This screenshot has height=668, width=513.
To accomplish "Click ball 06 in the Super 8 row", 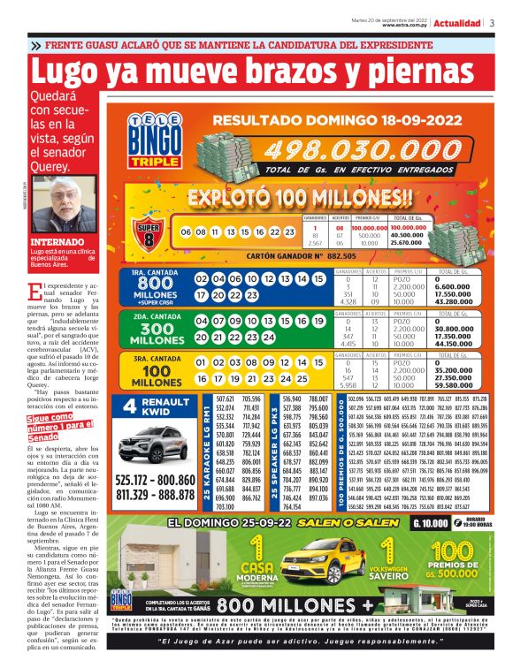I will click(187, 232).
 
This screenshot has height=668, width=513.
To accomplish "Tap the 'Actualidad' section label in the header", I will click(458, 23).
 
